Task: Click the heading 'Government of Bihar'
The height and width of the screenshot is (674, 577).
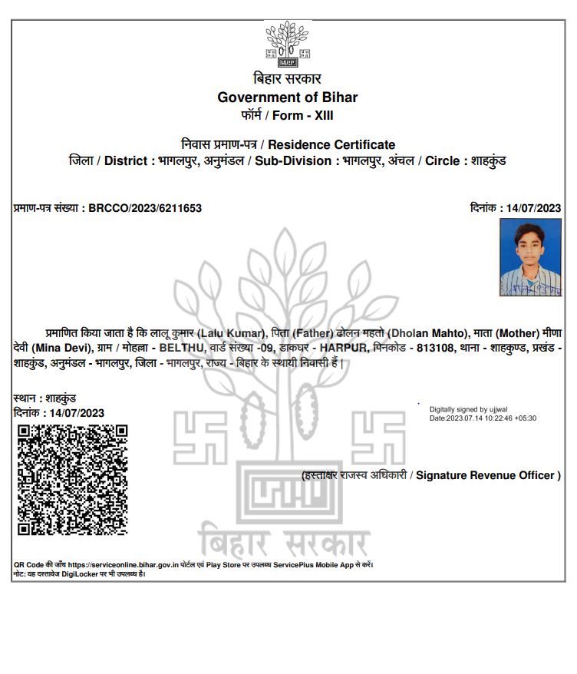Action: point(288,97)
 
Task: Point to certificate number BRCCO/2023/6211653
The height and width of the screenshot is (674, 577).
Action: point(145,208)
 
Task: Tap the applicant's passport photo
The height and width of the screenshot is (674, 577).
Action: point(530,257)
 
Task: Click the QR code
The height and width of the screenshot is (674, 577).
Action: point(72,479)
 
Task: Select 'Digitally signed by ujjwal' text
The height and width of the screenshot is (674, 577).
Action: point(469,409)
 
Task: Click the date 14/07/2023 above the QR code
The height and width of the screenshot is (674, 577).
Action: point(76,413)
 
